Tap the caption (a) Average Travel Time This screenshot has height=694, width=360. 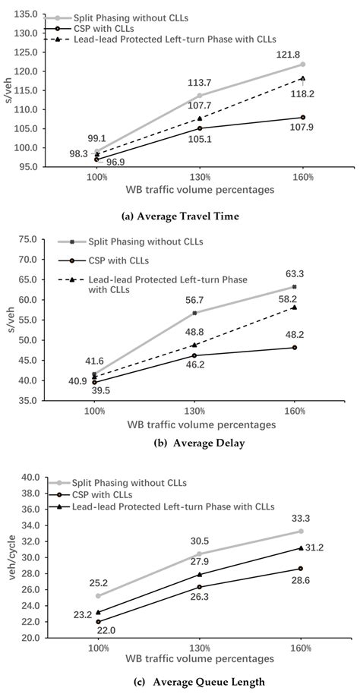(180, 216)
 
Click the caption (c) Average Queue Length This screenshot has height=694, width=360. (180, 682)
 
